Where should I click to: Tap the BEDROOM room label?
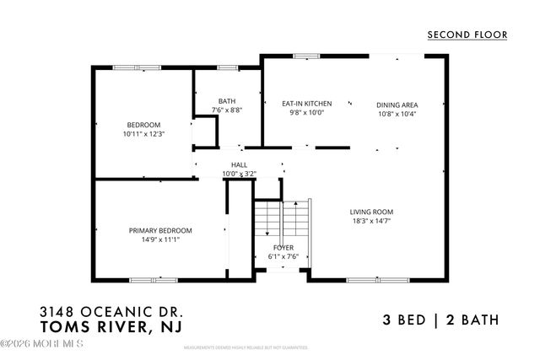143,125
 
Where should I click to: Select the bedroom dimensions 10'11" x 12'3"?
143,133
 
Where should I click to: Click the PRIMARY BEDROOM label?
160,230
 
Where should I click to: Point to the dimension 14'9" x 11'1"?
160,239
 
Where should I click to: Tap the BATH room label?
227,101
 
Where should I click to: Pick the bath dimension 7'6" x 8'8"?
227,110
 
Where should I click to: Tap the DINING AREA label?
397,105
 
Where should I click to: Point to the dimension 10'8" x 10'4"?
397,114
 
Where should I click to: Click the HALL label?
239,165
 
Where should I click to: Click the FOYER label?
283,248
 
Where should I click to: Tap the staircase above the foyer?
283,221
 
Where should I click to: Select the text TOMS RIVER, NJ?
111,325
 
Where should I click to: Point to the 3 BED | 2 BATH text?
440,320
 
